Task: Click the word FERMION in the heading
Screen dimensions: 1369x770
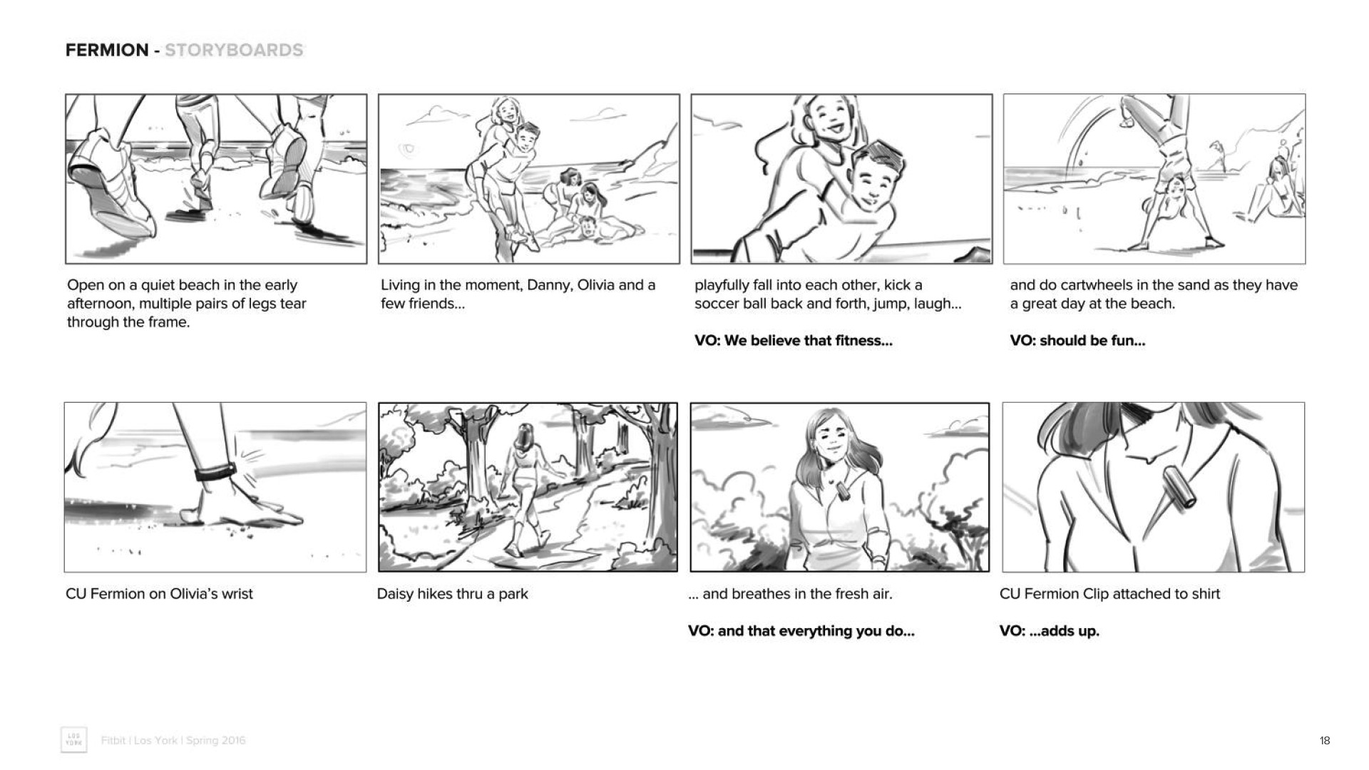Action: (x=107, y=50)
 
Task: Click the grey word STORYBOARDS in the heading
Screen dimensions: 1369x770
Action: (x=234, y=50)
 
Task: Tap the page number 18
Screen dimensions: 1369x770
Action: (x=1324, y=741)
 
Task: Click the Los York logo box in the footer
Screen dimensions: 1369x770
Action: (x=73, y=740)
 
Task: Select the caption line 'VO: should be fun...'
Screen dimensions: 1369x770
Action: (x=1077, y=341)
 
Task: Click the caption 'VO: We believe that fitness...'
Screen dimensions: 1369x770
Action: (x=794, y=341)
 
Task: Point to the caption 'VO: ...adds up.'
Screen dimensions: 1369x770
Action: (x=1049, y=631)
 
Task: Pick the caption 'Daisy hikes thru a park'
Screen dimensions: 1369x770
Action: (x=453, y=594)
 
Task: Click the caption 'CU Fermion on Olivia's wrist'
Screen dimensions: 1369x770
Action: (x=159, y=594)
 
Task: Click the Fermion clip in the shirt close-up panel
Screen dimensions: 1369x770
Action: (x=1178, y=488)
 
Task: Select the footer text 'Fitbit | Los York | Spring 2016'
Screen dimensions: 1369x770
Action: (x=173, y=741)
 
